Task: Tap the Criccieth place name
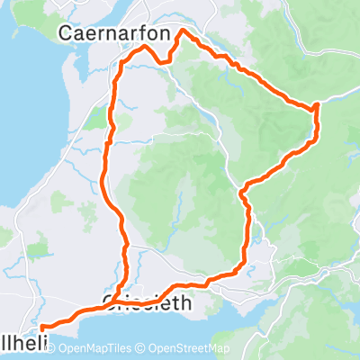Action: [148, 303]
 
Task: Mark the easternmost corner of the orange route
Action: [317, 108]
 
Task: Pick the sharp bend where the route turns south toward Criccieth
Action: [243, 189]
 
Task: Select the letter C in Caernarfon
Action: [66, 32]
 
